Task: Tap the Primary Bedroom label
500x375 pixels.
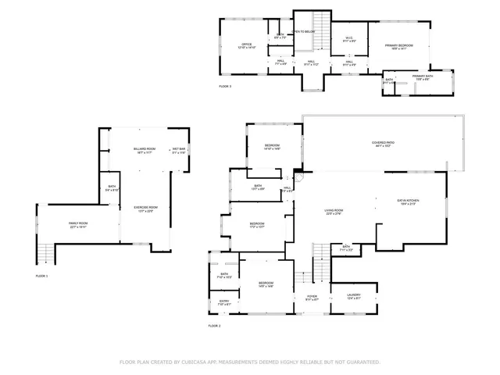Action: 398,46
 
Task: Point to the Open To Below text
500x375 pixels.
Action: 302,32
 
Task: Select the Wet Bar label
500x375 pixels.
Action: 178,148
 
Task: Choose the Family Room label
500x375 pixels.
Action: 77,224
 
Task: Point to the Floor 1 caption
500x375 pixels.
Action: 41,276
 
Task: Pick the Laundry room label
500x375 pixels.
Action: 352,295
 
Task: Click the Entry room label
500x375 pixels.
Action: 224,302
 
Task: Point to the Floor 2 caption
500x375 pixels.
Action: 214,325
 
